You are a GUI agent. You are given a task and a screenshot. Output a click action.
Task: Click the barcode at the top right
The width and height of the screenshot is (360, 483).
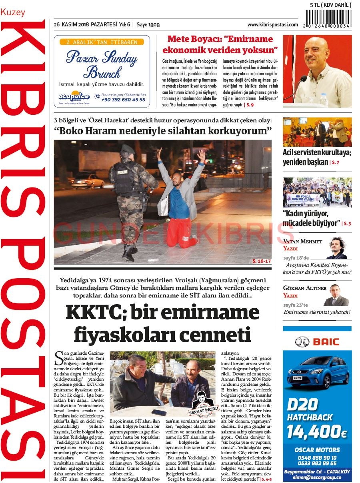point(328,18)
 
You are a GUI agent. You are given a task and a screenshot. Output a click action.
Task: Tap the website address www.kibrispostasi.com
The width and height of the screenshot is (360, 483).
point(272,25)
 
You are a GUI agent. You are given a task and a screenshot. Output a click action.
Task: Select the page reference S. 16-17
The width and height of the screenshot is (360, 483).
point(262,261)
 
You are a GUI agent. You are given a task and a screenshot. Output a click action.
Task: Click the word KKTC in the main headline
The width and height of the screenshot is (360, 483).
point(90,312)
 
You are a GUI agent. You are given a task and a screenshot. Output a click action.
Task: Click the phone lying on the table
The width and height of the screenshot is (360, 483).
point(159,412)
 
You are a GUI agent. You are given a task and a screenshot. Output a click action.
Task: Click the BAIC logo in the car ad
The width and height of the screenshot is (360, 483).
point(317,342)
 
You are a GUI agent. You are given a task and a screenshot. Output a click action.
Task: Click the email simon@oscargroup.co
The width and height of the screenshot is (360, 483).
point(317,477)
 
